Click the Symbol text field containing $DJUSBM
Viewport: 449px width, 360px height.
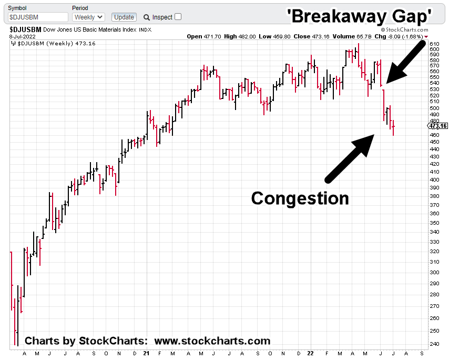(x=36, y=17)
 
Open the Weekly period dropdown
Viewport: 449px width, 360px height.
(x=88, y=17)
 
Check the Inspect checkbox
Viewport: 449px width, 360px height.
(x=178, y=17)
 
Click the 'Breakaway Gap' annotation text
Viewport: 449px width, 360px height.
(x=360, y=16)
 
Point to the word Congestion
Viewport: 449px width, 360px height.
(x=300, y=198)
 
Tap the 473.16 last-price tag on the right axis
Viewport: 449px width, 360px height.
(x=437, y=126)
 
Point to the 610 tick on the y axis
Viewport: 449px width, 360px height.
(x=434, y=44)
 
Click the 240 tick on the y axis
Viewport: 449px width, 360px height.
(x=434, y=344)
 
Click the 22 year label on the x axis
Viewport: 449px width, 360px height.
(x=312, y=354)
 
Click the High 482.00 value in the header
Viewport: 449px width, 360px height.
(x=238, y=37)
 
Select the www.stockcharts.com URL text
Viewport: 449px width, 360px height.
(x=212, y=341)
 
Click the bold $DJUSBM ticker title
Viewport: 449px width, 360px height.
(x=26, y=30)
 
